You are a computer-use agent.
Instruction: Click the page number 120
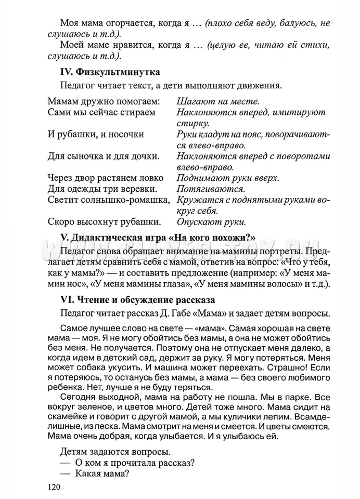(x=54, y=487)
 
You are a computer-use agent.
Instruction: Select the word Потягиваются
(x=211, y=189)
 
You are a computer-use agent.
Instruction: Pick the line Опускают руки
(x=211, y=222)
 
